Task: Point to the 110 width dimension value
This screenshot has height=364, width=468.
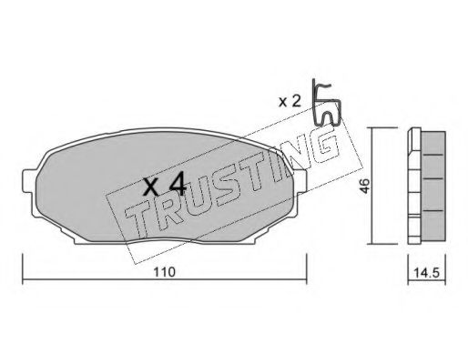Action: (x=165, y=271)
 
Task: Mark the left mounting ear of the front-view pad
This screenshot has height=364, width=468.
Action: (x=31, y=187)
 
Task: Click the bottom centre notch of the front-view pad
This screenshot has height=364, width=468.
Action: (x=165, y=243)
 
